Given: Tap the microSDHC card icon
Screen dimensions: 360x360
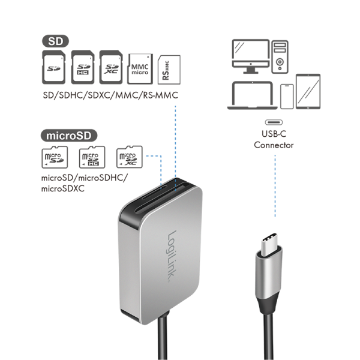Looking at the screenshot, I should pos(92,157).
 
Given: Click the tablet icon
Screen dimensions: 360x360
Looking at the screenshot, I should pos(307,91).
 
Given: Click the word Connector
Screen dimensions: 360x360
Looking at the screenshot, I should pos(273,145).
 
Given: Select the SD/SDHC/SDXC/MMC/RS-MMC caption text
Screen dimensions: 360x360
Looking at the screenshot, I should pos(111,96).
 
